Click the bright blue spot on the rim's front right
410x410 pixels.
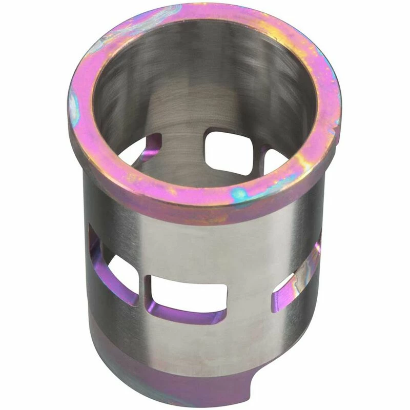pos(240,194)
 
